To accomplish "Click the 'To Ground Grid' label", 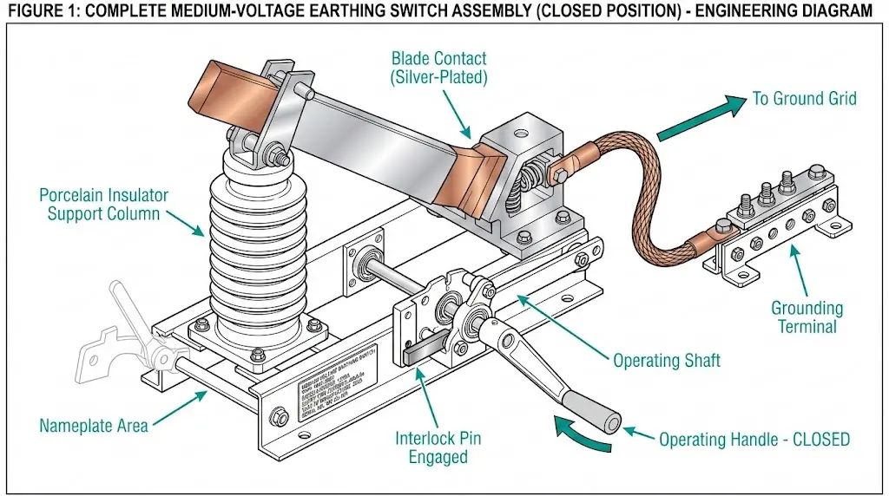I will coord(803,98).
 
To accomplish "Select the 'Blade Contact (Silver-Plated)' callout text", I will coord(438,68).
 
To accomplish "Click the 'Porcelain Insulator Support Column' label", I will coord(104,204).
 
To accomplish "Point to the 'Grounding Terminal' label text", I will coord(807,317).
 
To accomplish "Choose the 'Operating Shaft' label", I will coord(666,360).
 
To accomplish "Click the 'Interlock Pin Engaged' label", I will coord(438,447).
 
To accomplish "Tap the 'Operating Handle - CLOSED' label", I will coord(754,439).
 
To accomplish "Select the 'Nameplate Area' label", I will coord(93,426).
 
